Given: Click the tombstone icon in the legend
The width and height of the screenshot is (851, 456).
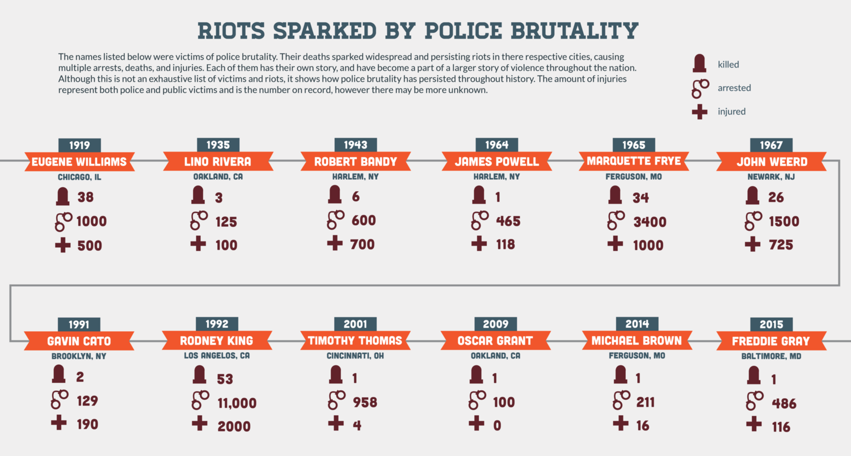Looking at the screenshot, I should pyautogui.click(x=699, y=64).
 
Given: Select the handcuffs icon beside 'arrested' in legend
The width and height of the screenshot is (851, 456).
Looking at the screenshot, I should pyautogui.click(x=700, y=88).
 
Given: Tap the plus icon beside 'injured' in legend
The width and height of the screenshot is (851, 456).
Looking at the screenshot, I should pyautogui.click(x=700, y=111).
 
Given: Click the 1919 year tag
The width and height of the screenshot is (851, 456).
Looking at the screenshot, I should pyautogui.click(x=79, y=145).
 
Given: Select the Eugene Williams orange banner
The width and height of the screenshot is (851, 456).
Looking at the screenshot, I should pyautogui.click(x=79, y=162).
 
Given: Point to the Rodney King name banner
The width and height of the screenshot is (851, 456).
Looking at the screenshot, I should pyautogui.click(x=217, y=341).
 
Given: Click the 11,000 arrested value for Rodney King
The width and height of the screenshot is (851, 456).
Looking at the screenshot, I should pyautogui.click(x=237, y=403).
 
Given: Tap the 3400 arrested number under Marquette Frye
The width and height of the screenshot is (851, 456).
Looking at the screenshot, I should pyautogui.click(x=650, y=221).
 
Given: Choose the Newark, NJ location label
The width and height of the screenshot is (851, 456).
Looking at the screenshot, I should pyautogui.click(x=771, y=177).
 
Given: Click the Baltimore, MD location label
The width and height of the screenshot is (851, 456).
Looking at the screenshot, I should pyautogui.click(x=770, y=357).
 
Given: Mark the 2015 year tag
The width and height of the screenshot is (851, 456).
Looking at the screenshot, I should pyautogui.click(x=771, y=324).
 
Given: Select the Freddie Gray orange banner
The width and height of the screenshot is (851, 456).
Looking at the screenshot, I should pyautogui.click(x=771, y=341).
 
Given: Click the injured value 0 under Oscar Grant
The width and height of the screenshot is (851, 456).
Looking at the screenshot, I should pyautogui.click(x=497, y=425).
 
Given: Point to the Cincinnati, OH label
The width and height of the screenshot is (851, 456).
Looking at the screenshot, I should pyautogui.click(x=355, y=356).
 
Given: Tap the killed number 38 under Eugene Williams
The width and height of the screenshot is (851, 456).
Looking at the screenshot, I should pyautogui.click(x=85, y=197).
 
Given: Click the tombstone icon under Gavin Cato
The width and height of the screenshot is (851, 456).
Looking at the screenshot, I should pyautogui.click(x=58, y=375).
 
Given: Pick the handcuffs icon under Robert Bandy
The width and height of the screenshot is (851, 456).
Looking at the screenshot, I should pyautogui.click(x=336, y=219).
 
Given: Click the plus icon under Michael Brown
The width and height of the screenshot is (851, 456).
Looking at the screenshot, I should pyautogui.click(x=621, y=423).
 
